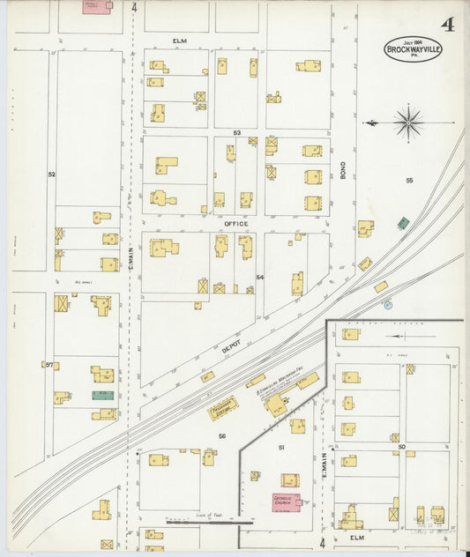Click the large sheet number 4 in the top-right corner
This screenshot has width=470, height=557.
coord(448,23)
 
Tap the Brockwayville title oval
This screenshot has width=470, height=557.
coord(413,48)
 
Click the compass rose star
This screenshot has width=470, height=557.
coord(407,122)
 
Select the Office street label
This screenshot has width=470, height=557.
coord(236,224)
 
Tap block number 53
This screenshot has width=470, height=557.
coord(236,133)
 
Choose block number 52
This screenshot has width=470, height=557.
coord(51,175)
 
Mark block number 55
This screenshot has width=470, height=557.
coord(409,180)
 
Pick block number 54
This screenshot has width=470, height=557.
coord(260,277)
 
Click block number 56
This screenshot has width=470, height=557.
coord(222,436)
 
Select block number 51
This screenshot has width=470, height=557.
coord(282,448)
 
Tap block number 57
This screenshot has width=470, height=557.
coord(49,364)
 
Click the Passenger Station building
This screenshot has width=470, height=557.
coord(223,408)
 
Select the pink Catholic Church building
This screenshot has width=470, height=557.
coord(286,501)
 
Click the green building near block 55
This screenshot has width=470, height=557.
coord(403,223)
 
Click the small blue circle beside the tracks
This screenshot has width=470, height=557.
coord(387,305)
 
